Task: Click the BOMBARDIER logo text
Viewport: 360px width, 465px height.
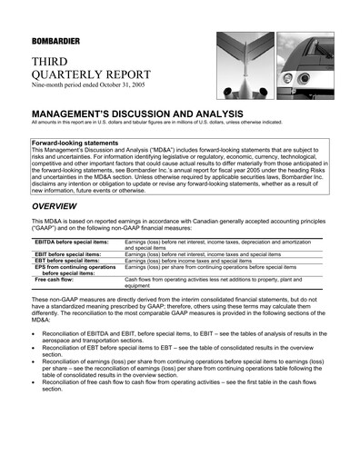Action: coord(54,42)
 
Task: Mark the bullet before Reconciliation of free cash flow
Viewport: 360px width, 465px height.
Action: coord(35,382)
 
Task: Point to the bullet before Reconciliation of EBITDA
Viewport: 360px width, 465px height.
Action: coord(35,334)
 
